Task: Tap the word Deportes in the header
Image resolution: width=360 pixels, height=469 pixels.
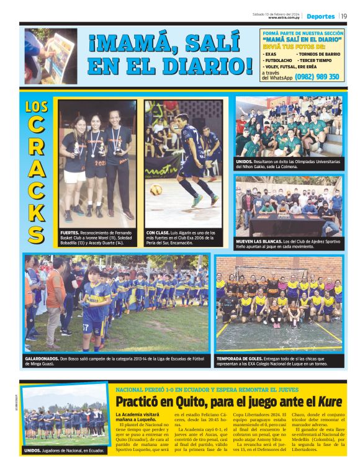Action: (x=320, y=16)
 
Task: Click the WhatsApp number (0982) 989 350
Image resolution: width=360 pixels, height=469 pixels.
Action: (x=317, y=77)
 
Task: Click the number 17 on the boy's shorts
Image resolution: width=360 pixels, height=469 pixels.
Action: (x=86, y=324)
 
